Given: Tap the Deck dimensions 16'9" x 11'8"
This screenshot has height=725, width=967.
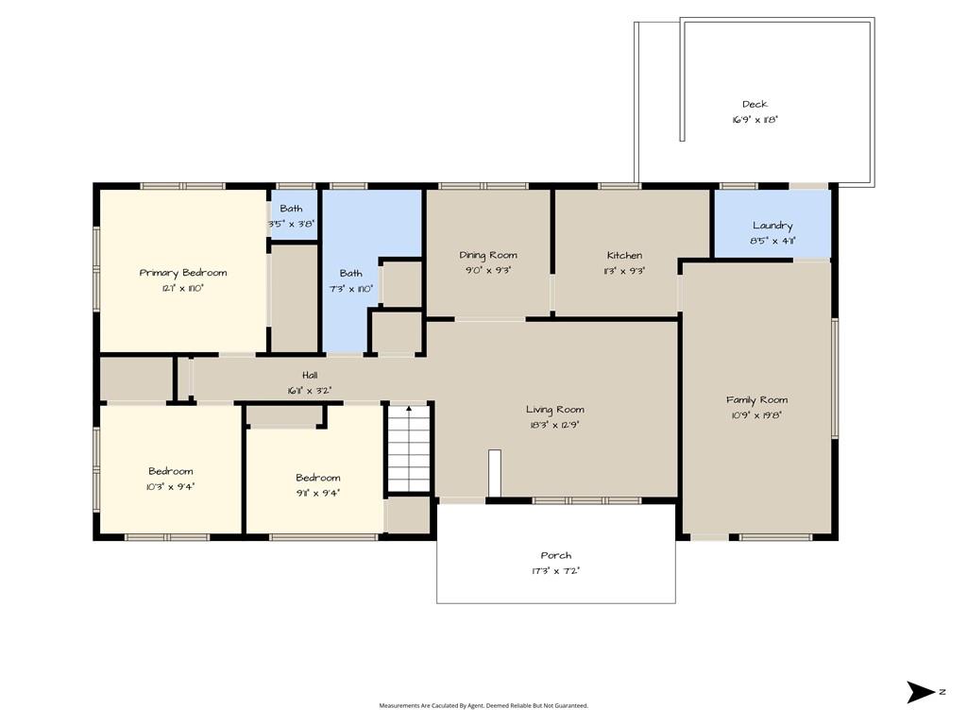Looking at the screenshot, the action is [755, 120].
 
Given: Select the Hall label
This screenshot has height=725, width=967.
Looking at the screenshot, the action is [310, 375].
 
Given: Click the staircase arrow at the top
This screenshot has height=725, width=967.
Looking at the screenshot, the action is [409, 408].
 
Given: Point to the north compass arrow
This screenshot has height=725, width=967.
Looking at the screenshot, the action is [920, 692].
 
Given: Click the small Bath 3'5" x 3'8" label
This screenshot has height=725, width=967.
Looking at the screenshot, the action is [291, 216].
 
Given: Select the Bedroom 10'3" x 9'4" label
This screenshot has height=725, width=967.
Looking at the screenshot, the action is [171, 479].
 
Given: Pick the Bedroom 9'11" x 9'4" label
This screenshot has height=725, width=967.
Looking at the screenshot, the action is [318, 485].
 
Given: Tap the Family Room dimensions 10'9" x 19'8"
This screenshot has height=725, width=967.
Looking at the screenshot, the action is [756, 415].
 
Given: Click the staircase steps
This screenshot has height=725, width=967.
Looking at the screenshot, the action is [408, 449].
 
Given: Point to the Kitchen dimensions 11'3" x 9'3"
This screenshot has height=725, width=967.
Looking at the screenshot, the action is [625, 271].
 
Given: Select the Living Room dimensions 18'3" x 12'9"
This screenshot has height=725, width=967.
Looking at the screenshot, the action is [555, 425].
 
